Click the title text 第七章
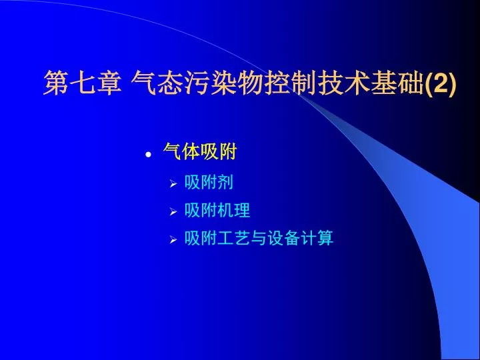[83, 83]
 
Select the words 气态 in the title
[157, 83]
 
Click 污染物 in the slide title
[223, 83]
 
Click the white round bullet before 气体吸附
[149, 155]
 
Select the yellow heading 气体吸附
[200, 151]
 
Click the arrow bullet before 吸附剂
[173, 184]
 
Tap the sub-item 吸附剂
[209, 182]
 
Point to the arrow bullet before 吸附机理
[173, 211]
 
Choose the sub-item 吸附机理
[217, 210]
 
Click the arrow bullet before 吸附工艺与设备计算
[173, 240]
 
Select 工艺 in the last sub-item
[234, 238]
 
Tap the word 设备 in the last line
[283, 238]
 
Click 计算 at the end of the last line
[317, 238]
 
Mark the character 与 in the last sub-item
[259, 238]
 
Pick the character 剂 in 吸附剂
[225, 182]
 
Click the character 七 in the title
[83, 83]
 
